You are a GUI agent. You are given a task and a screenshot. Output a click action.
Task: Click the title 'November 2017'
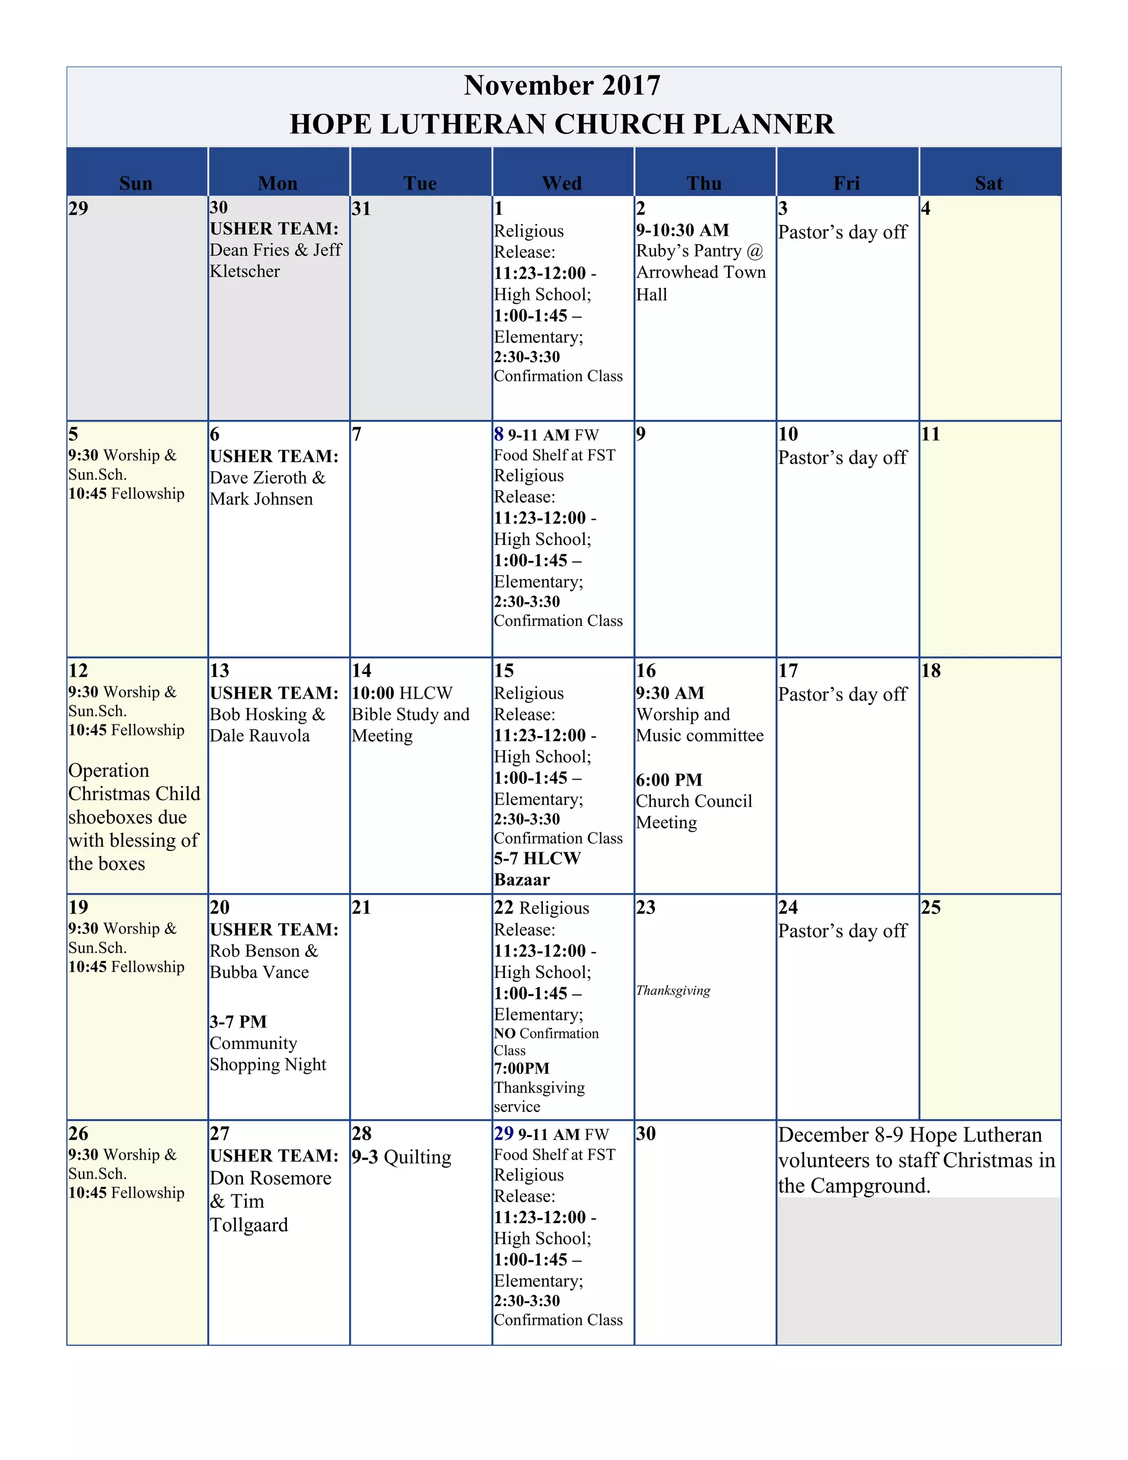coord(562,85)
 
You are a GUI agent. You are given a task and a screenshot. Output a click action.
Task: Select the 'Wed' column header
coord(562,183)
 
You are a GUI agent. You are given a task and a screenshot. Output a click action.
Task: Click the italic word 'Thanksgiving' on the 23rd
coord(673,991)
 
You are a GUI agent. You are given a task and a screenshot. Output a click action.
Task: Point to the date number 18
coord(930,670)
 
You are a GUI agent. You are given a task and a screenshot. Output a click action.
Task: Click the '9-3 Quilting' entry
coord(402,1157)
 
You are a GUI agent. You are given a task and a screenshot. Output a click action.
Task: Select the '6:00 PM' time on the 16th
coord(669,780)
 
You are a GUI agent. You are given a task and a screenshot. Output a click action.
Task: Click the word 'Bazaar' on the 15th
coord(522,880)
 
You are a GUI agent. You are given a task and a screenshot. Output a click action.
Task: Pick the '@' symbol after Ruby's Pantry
coord(755,251)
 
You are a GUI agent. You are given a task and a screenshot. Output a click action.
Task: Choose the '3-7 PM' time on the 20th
coord(238,1022)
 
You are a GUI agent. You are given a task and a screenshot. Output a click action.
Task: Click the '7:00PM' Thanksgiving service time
coord(522,1069)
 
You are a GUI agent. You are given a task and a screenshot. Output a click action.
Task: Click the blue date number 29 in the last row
coord(503,1133)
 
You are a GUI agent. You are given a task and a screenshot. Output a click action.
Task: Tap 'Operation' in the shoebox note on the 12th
coord(109,771)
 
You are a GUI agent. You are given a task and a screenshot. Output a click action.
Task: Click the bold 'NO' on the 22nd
coord(505,1034)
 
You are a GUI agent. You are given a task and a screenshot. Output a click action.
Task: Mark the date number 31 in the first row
coord(361,209)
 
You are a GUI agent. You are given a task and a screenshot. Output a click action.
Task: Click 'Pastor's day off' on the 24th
coord(842,931)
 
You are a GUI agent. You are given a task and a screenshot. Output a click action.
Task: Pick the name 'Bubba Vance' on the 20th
coord(259,972)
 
